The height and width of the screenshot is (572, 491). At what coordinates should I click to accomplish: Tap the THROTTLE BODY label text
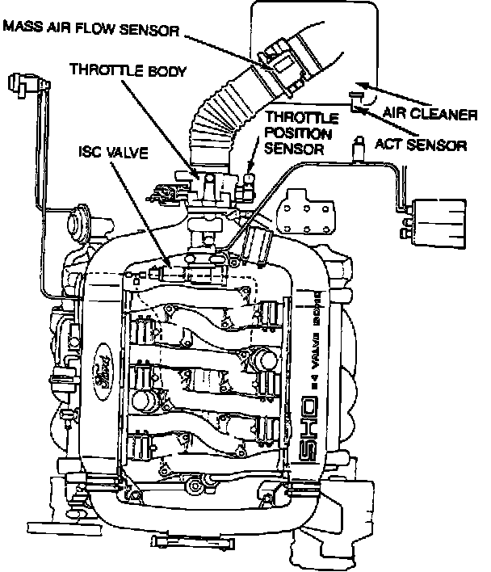pyautogui.click(x=127, y=70)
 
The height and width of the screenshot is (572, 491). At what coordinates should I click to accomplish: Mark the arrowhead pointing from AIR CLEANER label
pyautogui.click(x=361, y=84)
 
